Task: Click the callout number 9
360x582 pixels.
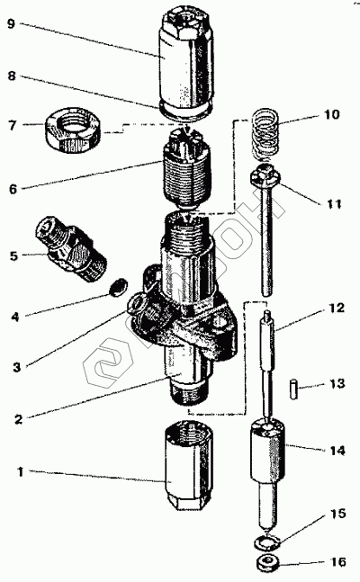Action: tap(12, 24)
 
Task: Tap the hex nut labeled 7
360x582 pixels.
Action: tap(72, 129)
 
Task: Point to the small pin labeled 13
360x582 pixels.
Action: tap(294, 389)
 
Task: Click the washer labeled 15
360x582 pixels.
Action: tap(266, 543)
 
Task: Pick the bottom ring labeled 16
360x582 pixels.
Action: tap(266, 561)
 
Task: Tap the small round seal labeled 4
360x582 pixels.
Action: tap(120, 287)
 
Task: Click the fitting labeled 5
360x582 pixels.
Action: tap(71, 249)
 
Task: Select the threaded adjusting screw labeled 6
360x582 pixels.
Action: tap(186, 170)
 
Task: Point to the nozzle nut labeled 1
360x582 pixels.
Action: tap(189, 465)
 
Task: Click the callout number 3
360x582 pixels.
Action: tap(16, 368)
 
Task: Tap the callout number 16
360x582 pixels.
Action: tap(338, 562)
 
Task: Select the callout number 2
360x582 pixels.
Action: tap(19, 419)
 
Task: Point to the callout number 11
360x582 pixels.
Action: tap(333, 204)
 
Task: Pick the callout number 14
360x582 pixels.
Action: tap(337, 451)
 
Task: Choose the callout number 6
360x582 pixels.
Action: tap(13, 189)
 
